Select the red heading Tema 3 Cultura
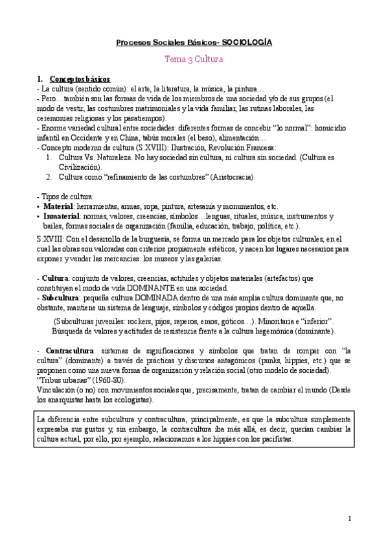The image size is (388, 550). [x=194, y=59]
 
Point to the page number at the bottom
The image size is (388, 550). [x=349, y=518]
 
